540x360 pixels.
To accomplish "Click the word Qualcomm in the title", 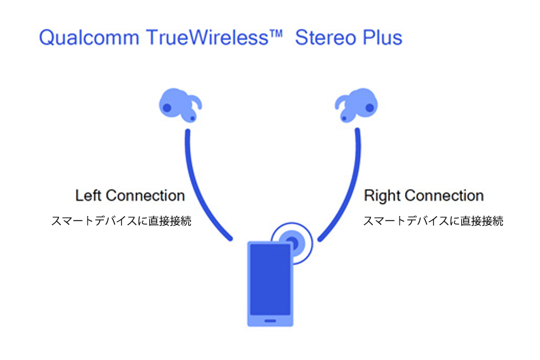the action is (89, 38).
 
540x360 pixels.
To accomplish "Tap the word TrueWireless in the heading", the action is (208, 37).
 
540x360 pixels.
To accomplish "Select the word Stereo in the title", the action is (325, 38).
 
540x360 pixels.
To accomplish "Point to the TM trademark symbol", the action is (276, 34).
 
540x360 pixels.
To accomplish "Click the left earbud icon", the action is (180, 105).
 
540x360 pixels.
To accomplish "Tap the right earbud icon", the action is (356, 105).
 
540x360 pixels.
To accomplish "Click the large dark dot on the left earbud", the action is (167, 107).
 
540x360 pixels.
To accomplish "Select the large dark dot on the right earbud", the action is (370, 107).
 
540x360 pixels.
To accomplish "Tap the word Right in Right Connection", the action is (382, 196).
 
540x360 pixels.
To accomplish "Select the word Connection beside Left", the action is (145, 196).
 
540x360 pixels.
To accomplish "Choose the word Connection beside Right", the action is (444, 196).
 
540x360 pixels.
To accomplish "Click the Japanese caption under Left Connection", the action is (121, 221).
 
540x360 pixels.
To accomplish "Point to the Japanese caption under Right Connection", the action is (433, 221).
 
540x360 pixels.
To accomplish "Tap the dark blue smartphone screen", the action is (271, 280).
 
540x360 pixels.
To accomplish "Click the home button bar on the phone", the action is (271, 321).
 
